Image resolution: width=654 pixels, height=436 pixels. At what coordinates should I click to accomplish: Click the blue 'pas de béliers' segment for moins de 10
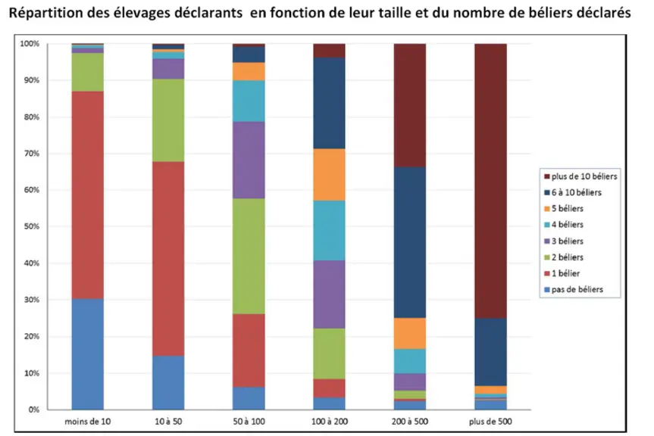click(88, 354)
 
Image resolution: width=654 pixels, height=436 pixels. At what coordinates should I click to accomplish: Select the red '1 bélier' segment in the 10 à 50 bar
click(168, 259)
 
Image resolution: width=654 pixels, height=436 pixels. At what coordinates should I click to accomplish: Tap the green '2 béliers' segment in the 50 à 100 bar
click(249, 256)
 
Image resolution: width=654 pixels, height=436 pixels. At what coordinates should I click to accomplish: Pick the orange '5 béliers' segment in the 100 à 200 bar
click(329, 175)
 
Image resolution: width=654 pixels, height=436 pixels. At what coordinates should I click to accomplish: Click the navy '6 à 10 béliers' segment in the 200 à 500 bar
click(410, 242)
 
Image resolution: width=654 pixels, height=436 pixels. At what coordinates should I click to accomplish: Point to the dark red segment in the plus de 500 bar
click(490, 181)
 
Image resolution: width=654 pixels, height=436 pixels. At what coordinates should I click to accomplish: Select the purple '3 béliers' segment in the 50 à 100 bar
click(249, 160)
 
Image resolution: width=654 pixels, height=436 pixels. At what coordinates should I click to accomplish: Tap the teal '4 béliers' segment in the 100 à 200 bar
click(329, 231)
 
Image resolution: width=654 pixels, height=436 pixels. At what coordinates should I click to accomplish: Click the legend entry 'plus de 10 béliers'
click(580, 176)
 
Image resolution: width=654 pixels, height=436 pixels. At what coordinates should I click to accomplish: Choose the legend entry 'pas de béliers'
click(574, 289)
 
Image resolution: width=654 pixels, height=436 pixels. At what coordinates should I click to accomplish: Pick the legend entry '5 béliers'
click(564, 209)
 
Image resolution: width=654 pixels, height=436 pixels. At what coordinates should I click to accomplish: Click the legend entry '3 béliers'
click(564, 241)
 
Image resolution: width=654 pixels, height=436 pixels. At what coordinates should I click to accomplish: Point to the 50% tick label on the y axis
click(32, 226)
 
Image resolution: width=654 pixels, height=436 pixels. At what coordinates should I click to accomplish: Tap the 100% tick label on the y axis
click(30, 44)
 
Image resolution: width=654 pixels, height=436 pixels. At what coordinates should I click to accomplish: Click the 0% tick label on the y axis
click(34, 410)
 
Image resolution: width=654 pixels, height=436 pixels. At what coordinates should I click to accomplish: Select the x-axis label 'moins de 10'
click(88, 422)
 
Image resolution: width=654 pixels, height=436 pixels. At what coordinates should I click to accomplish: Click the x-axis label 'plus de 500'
click(490, 422)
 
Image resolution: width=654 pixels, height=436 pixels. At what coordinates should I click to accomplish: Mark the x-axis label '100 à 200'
click(329, 422)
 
